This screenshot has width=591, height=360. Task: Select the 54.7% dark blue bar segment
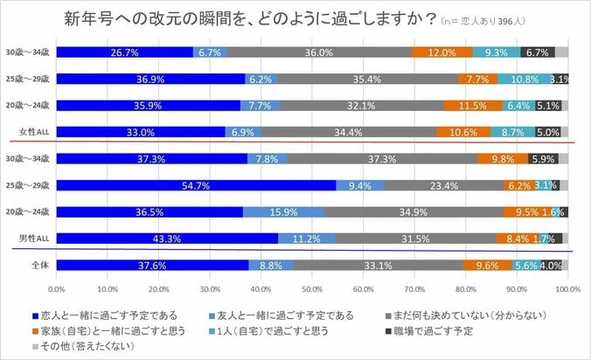click(x=196, y=185)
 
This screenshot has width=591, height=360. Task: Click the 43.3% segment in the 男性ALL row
click(x=167, y=237)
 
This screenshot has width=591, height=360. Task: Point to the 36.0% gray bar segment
click(x=319, y=52)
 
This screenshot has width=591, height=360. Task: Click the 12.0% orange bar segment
click(x=442, y=52)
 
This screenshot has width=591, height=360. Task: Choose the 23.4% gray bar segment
click(x=443, y=185)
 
